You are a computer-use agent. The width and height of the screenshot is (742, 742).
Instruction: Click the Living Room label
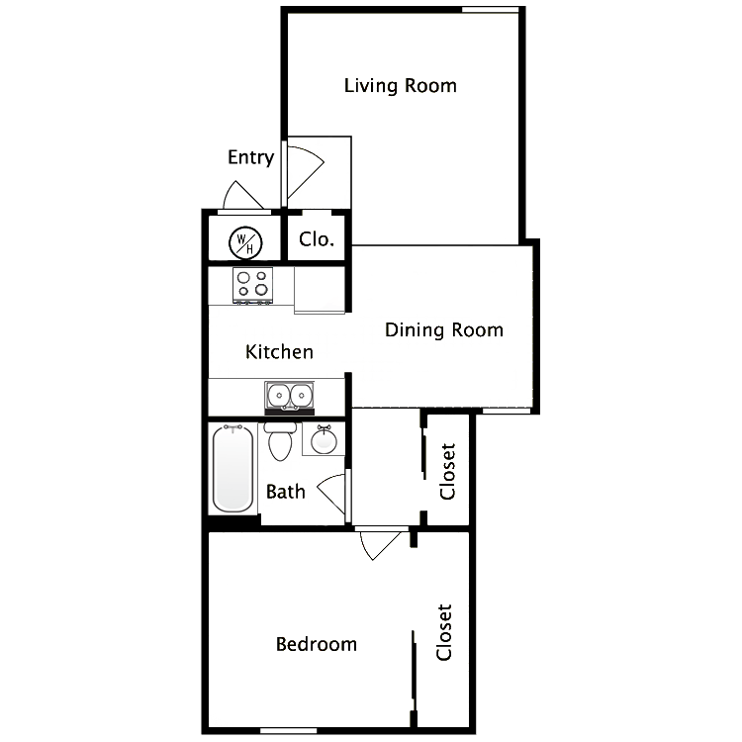[400, 86]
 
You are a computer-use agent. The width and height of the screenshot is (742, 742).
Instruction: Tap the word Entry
[250, 157]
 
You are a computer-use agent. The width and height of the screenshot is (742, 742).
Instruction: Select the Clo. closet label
[317, 239]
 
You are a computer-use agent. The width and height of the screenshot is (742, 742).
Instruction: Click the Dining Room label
[445, 330]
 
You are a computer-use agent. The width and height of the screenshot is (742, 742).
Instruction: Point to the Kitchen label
[280, 352]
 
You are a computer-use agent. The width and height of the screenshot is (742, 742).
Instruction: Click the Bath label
[285, 491]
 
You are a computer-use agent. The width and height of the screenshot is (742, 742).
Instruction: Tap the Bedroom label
[316, 644]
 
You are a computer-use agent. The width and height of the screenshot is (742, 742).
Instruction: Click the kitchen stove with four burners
[252, 285]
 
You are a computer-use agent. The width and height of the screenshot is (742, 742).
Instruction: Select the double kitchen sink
[289, 397]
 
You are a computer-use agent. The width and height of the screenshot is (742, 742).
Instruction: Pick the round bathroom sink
[324, 440]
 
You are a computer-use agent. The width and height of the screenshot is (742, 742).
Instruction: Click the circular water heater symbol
[244, 240]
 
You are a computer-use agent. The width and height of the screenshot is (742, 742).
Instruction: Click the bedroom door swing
[380, 543]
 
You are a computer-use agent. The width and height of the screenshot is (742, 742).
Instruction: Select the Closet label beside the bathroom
[448, 471]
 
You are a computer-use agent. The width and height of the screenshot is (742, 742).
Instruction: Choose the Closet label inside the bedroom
[444, 633]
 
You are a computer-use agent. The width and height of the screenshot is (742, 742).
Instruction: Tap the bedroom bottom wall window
[288, 731]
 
